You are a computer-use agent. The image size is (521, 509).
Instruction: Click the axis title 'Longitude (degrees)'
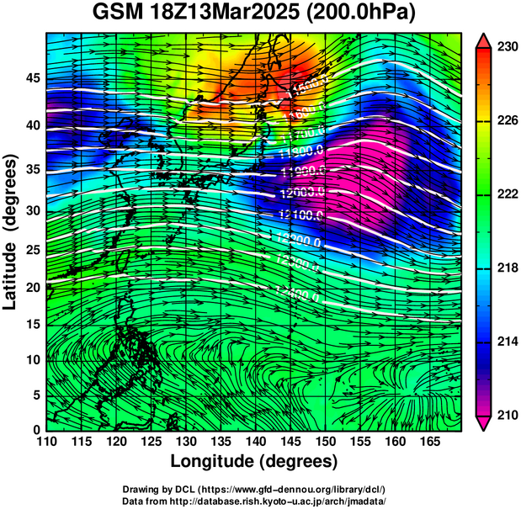[x=254, y=461]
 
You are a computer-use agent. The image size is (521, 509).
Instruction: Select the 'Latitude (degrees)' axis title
[x=11, y=231]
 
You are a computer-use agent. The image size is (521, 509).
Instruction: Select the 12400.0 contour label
[x=297, y=295]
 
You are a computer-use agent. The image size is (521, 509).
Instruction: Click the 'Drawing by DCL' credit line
[x=253, y=489]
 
